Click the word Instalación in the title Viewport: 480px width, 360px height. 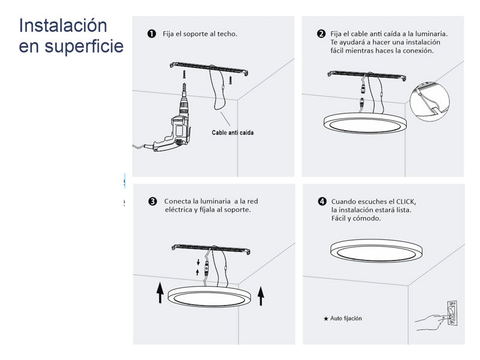coord(63,25)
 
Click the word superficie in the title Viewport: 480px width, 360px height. coord(84,46)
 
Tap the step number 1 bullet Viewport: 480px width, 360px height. coord(152,34)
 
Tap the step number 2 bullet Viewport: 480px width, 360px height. coord(321,34)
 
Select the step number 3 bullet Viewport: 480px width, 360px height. coord(152,202)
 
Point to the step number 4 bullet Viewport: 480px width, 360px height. coord(322,202)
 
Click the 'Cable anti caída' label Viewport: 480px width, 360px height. coord(233,133)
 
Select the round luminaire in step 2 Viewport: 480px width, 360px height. coord(365,123)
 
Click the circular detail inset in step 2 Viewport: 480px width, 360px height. coord(430,101)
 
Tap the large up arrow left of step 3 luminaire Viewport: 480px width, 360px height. coord(160,293)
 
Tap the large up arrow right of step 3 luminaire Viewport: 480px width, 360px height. coord(261,296)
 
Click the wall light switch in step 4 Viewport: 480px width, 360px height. coord(452,313)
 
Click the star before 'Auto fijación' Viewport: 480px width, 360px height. coord(326,319)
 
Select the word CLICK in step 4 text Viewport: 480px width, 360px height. coord(406,202)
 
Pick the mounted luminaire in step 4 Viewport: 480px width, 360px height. coord(377,251)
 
